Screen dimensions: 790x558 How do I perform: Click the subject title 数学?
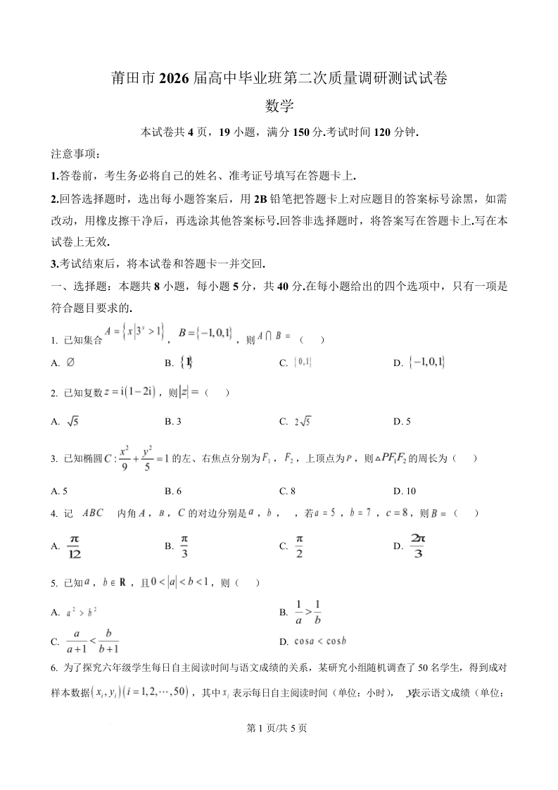(279, 106)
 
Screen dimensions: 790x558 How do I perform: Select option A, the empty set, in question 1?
(70, 363)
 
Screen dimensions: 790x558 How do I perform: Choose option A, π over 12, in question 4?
(74, 546)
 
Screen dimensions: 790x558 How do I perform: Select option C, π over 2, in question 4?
(298, 546)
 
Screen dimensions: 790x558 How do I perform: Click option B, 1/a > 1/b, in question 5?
(307, 613)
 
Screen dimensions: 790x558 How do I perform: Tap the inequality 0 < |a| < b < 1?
(177, 583)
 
